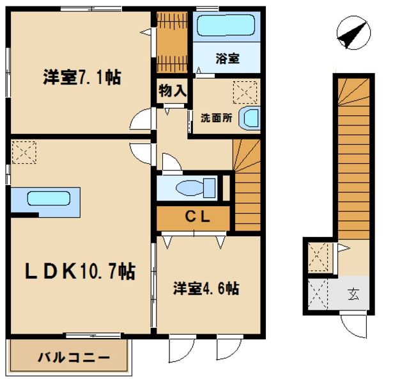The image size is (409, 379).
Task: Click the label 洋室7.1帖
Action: point(82,78)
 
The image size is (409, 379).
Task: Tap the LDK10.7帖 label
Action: point(80,271)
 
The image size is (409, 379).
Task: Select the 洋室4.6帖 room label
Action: point(206,289)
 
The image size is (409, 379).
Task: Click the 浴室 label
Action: point(228,59)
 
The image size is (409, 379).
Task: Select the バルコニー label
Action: point(72,358)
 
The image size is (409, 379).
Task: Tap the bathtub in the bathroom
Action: point(226,26)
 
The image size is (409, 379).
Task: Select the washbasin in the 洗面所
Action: point(250,118)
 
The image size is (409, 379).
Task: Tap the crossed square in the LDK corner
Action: point(24,153)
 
